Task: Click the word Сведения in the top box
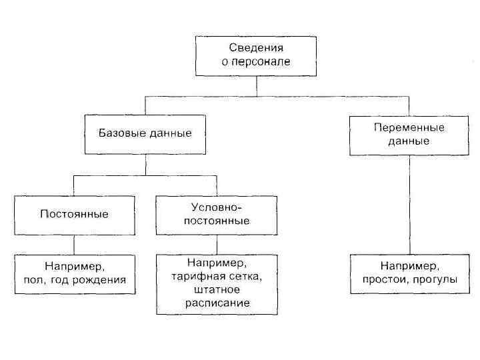256,48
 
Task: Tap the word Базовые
121,133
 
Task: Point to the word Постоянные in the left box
74,214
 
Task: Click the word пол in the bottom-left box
33,280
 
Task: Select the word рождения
99,280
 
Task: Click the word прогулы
435,280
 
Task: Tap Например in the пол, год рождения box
74,267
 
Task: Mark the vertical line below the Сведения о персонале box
257,86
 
